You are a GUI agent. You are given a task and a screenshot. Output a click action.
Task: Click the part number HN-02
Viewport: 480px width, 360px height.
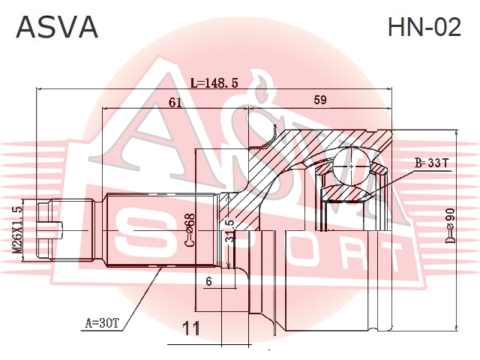(424, 27)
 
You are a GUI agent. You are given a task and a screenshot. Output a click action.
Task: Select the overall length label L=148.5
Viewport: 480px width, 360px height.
(214, 82)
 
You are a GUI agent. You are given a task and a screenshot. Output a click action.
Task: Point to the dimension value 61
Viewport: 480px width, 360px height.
(175, 103)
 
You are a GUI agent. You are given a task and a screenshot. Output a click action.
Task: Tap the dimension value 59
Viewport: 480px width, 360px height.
(320, 100)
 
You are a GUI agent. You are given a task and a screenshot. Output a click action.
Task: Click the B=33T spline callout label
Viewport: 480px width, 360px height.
(431, 163)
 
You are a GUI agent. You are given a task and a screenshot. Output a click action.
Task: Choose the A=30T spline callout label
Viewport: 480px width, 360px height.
(101, 322)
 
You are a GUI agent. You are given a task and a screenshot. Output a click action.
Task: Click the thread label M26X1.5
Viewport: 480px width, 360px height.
(18, 229)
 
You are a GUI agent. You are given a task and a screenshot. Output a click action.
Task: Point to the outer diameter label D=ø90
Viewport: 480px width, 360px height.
(450, 226)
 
